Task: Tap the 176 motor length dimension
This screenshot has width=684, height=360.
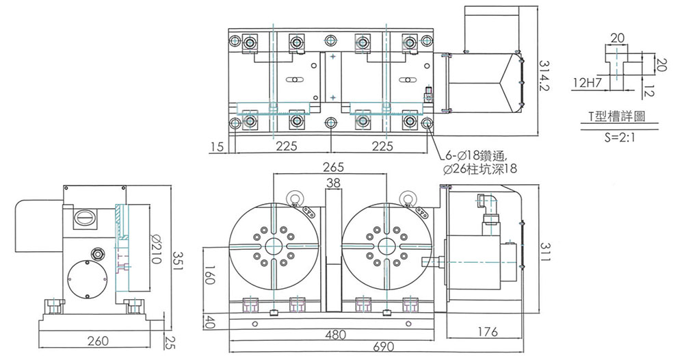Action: (487, 333)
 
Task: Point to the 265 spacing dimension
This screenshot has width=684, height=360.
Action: (332, 167)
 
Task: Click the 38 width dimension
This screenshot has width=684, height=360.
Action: (334, 183)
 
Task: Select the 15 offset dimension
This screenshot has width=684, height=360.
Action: (218, 146)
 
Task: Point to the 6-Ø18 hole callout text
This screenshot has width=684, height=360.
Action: (478, 155)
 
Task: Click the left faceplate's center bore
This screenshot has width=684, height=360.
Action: (274, 246)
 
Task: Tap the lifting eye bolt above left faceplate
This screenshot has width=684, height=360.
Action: (295, 198)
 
